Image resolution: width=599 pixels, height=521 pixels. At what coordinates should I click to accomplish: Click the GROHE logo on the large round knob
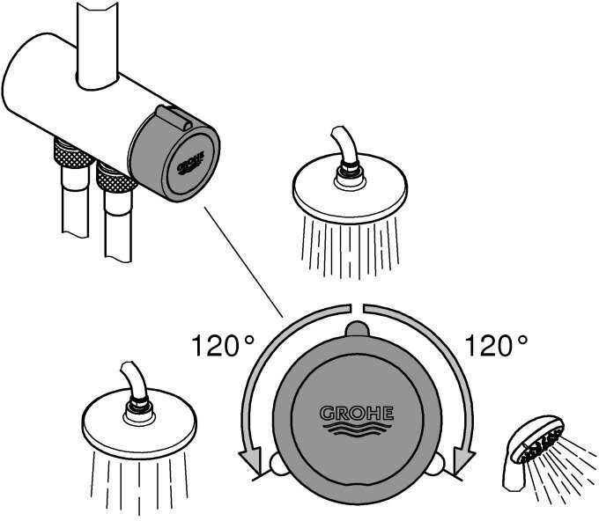(x=356, y=413)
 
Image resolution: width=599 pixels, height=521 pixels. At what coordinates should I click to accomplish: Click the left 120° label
(x=224, y=345)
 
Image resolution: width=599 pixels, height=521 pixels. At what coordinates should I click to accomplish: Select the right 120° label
(x=496, y=345)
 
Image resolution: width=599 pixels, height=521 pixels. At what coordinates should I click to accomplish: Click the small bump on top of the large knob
(x=356, y=328)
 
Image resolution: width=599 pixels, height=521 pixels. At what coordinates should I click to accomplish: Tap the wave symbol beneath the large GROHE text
(x=356, y=429)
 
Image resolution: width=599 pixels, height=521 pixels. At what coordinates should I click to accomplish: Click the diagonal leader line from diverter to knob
(x=243, y=260)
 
